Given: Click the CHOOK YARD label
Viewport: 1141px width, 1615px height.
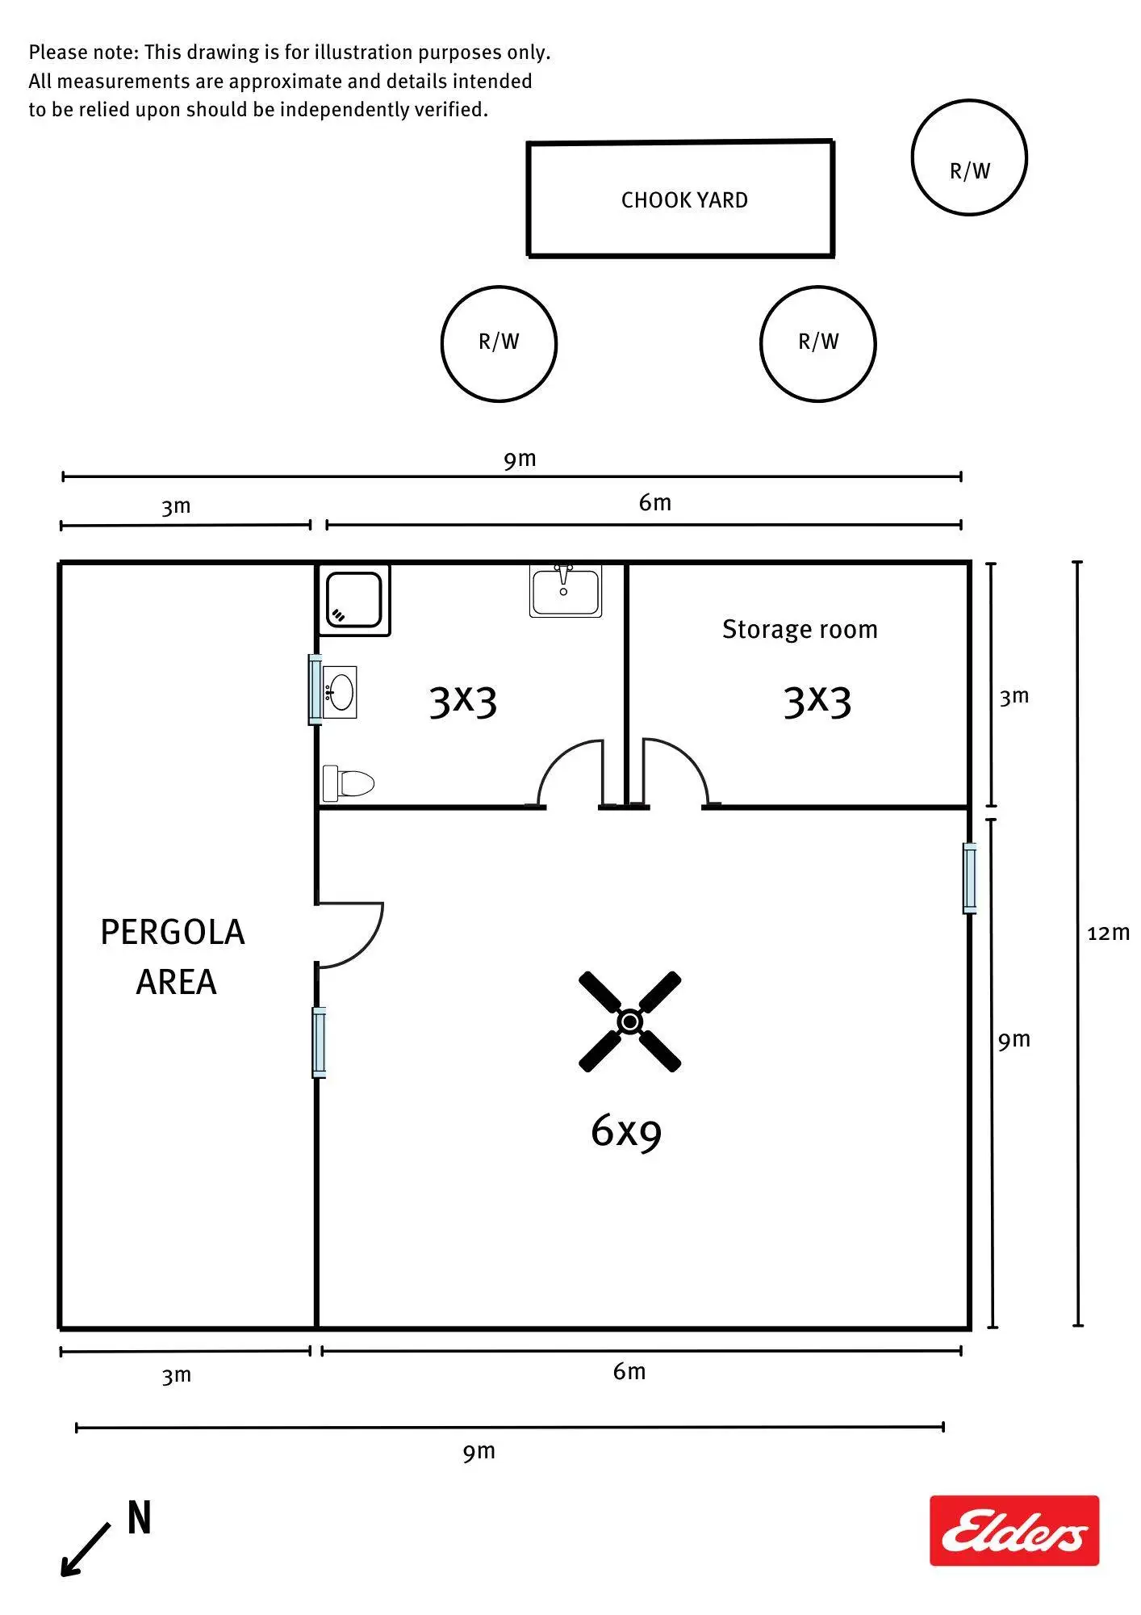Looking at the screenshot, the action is click(x=684, y=200).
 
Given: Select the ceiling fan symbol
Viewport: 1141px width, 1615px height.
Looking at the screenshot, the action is click(x=630, y=1021).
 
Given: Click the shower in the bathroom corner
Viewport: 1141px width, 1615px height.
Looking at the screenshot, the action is click(x=354, y=600).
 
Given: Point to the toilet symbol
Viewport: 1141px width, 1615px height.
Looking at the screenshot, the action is click(x=349, y=782).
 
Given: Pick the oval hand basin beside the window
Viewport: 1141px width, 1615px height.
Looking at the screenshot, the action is click(x=340, y=693).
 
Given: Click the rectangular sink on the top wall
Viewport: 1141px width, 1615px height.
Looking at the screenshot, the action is click(x=565, y=591).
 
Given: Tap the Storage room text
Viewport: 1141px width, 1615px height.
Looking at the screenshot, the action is click(x=800, y=629).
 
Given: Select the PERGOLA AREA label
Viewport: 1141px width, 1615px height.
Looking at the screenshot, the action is click(x=173, y=957).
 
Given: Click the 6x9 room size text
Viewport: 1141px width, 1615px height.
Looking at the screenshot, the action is click(x=626, y=1130).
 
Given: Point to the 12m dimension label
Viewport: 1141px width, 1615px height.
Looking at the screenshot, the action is click(x=1108, y=933).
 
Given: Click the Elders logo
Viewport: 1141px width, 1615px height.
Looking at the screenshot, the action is click(x=1014, y=1530).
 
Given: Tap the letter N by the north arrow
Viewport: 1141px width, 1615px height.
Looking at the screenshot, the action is click(x=140, y=1518).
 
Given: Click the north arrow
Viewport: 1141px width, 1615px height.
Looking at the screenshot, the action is click(x=86, y=1550).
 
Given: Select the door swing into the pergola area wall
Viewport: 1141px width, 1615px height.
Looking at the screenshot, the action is click(x=350, y=935).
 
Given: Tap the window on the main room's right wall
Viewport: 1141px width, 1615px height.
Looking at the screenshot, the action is click(x=970, y=879).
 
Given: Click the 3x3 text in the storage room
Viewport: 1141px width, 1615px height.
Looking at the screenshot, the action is click(x=817, y=701).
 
